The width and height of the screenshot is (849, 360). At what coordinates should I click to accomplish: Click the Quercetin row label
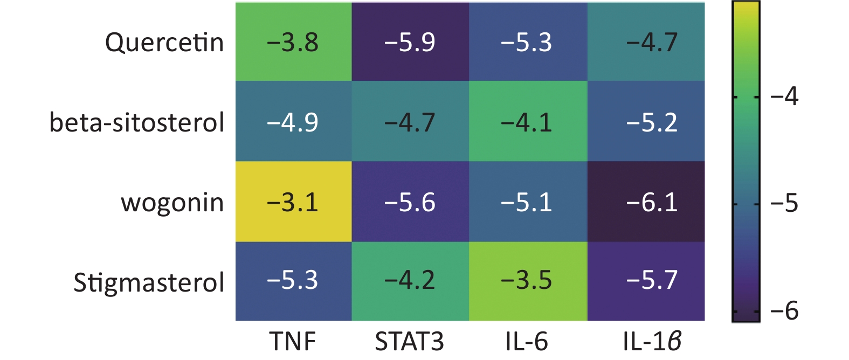(164, 43)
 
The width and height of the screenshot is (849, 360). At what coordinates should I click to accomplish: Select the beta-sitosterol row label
(137, 122)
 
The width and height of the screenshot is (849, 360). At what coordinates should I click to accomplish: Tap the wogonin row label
(172, 203)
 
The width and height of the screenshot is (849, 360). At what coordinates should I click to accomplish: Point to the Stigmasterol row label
(149, 282)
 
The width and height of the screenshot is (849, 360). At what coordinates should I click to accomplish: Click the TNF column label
(293, 341)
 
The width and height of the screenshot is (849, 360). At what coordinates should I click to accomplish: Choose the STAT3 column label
(410, 341)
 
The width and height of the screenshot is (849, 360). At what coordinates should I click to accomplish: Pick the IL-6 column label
(527, 341)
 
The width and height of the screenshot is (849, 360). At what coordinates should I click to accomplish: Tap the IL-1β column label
(652, 341)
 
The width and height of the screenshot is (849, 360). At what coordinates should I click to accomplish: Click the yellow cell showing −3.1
(293, 202)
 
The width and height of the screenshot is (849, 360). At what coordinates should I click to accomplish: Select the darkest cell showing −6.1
(646, 202)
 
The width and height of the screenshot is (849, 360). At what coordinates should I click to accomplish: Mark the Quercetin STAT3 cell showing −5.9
(410, 42)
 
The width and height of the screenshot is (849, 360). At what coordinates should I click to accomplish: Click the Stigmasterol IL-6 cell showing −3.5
(528, 281)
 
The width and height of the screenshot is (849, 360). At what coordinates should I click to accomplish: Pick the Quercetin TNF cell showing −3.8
(293, 42)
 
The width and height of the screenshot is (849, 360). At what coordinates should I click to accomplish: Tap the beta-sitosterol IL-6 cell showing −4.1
(528, 122)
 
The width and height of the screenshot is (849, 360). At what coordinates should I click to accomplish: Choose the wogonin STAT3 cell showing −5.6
(410, 202)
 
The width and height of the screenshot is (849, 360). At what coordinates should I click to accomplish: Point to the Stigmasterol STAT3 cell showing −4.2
(410, 281)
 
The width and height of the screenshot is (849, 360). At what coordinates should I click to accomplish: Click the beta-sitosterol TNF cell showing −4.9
(293, 122)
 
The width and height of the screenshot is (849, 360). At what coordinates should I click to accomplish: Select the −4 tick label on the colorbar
(784, 97)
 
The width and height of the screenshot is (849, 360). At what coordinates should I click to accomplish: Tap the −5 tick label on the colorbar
(784, 204)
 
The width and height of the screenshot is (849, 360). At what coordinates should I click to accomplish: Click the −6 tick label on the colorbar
(784, 311)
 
